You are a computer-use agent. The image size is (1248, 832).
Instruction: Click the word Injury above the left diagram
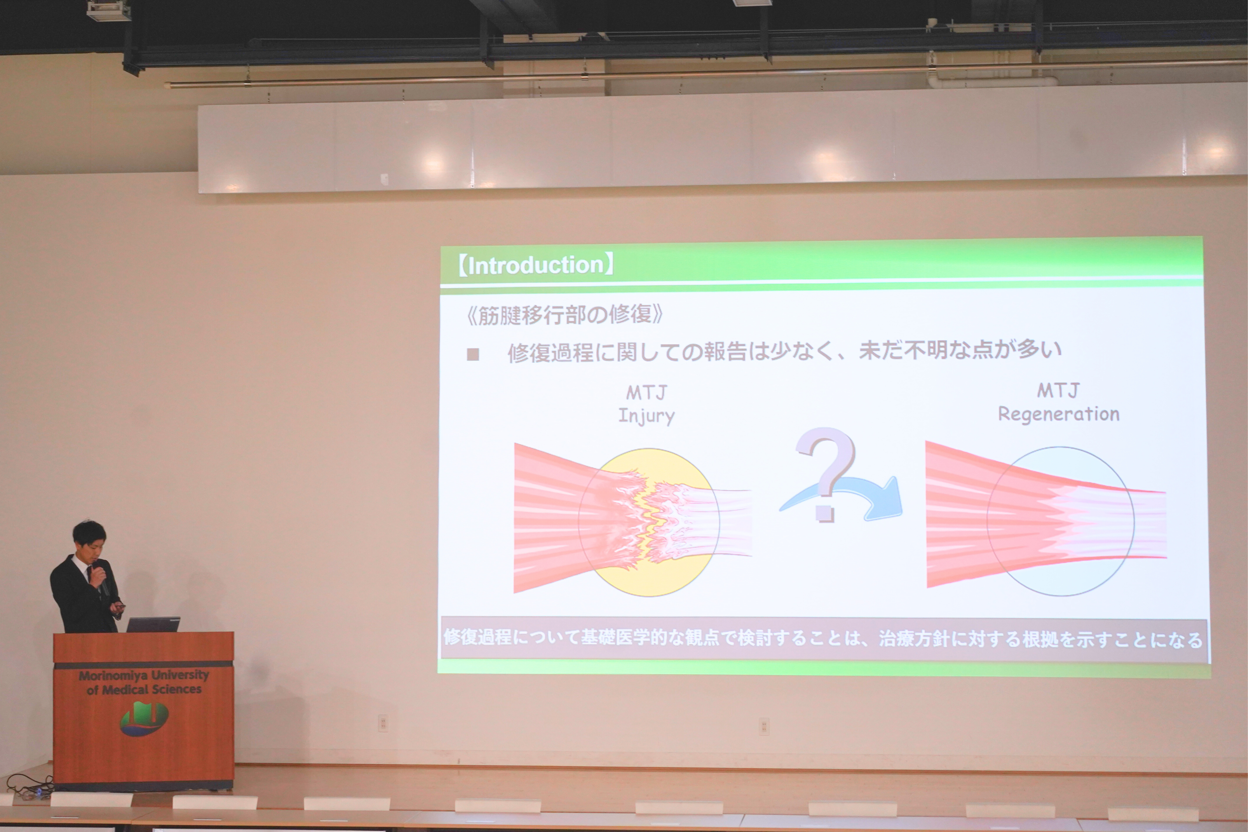click(x=646, y=415)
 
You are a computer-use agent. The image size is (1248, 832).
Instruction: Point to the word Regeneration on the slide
click(x=1059, y=414)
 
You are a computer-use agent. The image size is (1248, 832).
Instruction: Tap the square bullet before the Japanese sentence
click(x=473, y=354)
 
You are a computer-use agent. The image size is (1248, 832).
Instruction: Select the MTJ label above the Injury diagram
click(x=646, y=393)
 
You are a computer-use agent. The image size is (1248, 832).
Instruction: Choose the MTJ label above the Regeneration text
click(x=1058, y=391)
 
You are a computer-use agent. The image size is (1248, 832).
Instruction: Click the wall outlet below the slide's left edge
click(x=383, y=723)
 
